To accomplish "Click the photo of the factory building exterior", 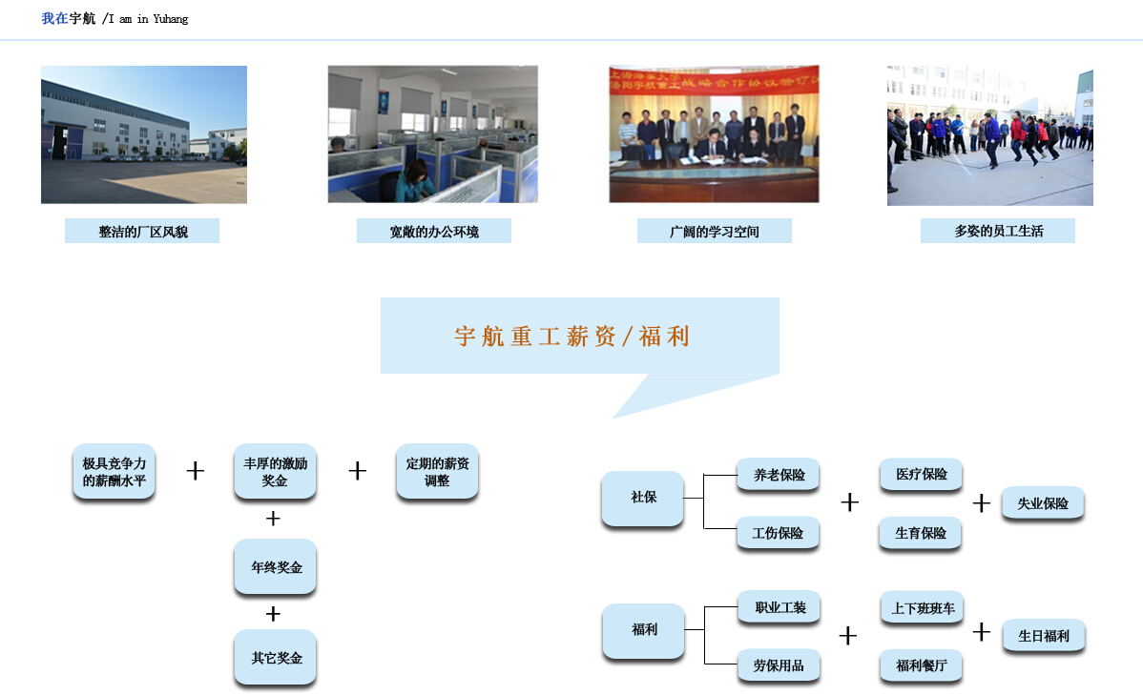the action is pyautogui.click(x=144, y=134).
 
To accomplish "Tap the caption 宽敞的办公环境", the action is pyautogui.click(x=434, y=232).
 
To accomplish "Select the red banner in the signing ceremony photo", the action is pyautogui.click(x=714, y=81).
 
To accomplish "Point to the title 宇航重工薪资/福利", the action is pyautogui.click(x=572, y=336).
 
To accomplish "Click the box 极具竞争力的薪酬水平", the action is pyautogui.click(x=114, y=472).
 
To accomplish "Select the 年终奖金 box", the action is pyautogui.click(x=276, y=567).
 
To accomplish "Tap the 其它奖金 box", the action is pyautogui.click(x=276, y=658).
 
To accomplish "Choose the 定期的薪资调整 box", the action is pyautogui.click(x=437, y=472).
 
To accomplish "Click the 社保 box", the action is pyautogui.click(x=643, y=499).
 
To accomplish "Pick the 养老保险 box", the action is pyautogui.click(x=779, y=475).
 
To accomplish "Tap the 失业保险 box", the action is pyautogui.click(x=1043, y=503).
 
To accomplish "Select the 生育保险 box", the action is pyautogui.click(x=921, y=533).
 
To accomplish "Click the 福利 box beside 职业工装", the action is pyautogui.click(x=644, y=631).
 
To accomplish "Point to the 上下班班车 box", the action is pyautogui.click(x=922, y=607).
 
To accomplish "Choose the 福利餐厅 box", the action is pyautogui.click(x=921, y=665).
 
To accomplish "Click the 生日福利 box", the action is pyautogui.click(x=1044, y=636).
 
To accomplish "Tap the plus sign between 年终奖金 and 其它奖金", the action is pyautogui.click(x=273, y=614).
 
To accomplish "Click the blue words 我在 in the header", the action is pyautogui.click(x=54, y=18).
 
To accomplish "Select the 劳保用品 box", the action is pyautogui.click(x=779, y=665).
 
